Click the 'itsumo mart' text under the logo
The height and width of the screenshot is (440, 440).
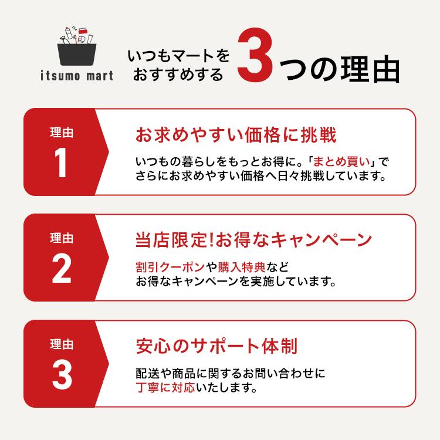pyautogui.click(x=79, y=76)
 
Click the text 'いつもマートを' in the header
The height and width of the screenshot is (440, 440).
pyautogui.click(x=179, y=57)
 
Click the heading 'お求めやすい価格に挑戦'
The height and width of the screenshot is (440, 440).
pyautogui.click(x=236, y=136)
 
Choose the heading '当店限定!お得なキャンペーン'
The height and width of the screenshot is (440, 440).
pyautogui.click(x=253, y=241)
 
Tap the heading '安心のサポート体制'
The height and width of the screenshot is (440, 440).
pyautogui.click(x=216, y=346)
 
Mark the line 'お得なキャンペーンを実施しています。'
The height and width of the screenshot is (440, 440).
pyautogui.click(x=235, y=282)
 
